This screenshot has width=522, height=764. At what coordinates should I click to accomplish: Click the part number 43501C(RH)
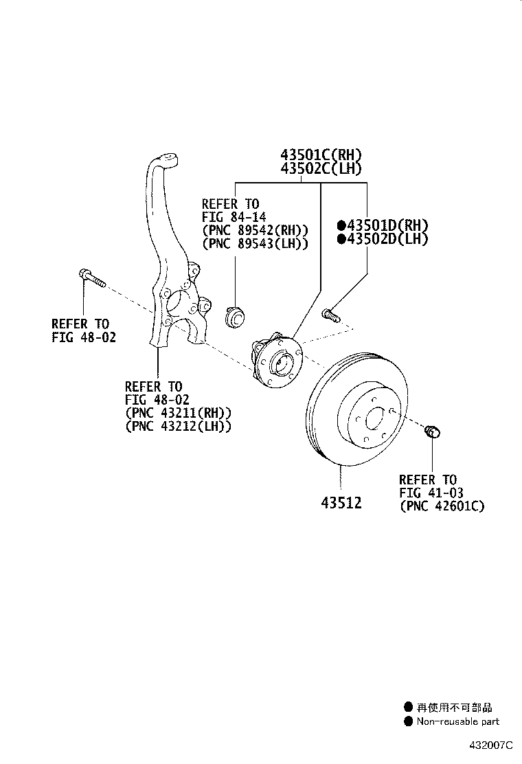click(x=320, y=155)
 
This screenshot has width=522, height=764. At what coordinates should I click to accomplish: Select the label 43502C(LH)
click(x=320, y=169)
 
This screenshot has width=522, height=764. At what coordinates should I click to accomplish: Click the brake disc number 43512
click(x=341, y=503)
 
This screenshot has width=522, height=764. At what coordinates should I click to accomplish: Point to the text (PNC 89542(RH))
click(x=255, y=230)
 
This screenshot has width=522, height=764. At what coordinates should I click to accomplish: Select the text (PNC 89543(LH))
click(x=255, y=243)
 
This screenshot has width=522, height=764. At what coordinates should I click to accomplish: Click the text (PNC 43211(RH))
click(x=178, y=413)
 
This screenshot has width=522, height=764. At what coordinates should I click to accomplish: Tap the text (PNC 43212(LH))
click(x=178, y=426)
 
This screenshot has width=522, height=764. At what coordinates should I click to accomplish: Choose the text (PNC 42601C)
click(x=442, y=506)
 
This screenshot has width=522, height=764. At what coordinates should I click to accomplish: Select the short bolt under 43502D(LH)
click(x=330, y=315)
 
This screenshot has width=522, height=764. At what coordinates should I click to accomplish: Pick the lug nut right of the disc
click(x=433, y=432)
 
